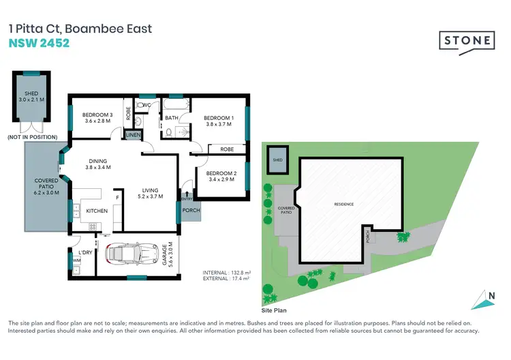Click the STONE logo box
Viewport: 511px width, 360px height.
point(465,40)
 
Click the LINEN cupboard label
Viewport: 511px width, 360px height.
point(133,136)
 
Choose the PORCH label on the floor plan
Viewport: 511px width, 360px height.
point(191,211)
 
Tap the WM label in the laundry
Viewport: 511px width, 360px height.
point(76,259)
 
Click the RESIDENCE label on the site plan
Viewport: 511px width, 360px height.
point(345,205)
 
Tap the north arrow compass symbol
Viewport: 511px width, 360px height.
point(483,298)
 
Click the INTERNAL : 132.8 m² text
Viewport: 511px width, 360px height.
point(227,273)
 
